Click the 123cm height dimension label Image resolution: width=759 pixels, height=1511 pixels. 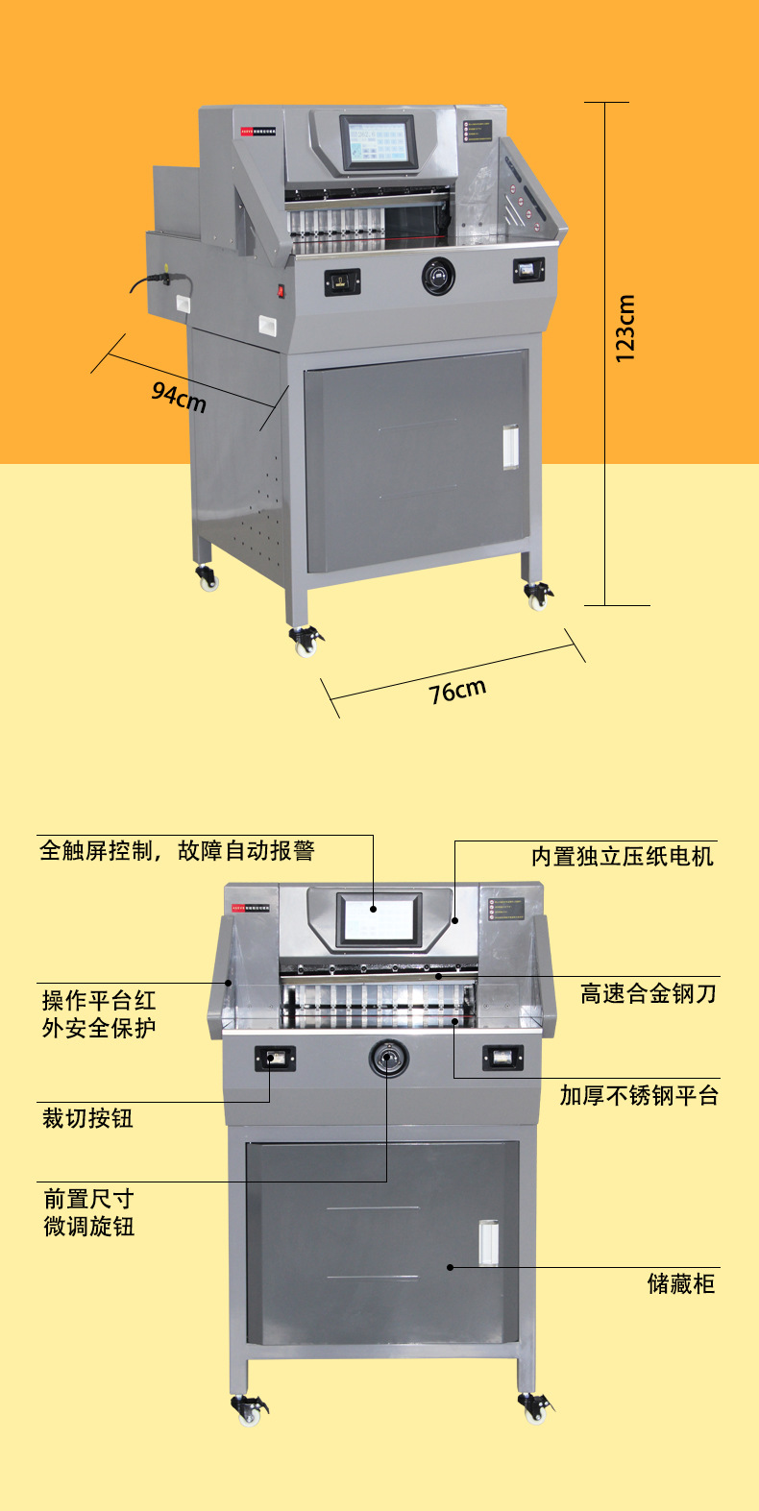tap(625, 329)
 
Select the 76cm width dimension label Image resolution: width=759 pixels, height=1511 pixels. tap(457, 691)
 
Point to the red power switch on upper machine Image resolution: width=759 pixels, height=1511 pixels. tap(282, 290)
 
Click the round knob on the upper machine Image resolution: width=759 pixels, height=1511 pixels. tap(438, 277)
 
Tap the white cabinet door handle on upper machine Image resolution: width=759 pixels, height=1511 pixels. tap(509, 447)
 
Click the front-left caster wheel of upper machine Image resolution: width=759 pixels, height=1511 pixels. tap(306, 641)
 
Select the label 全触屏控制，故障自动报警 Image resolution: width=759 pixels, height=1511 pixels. tap(177, 850)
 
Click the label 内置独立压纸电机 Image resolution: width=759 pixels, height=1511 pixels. tap(623, 856)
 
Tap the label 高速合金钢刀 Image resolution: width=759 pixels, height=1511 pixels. tap(648, 993)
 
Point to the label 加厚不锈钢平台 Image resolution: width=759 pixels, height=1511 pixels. tap(639, 1095)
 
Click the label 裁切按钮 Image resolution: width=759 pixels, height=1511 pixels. tap(87, 1118)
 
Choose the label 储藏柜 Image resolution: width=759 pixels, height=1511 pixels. tap(680, 1283)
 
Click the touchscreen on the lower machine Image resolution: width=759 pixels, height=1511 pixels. tap(378, 918)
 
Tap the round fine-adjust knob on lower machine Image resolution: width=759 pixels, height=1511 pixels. tap(389, 1059)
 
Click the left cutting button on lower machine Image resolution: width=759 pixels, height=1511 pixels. tap(275, 1059)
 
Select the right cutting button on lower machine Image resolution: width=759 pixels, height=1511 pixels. tap(502, 1058)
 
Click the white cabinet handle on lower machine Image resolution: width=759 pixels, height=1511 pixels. tap(488, 1242)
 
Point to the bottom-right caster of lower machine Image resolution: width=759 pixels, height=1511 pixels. tap(534, 1409)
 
